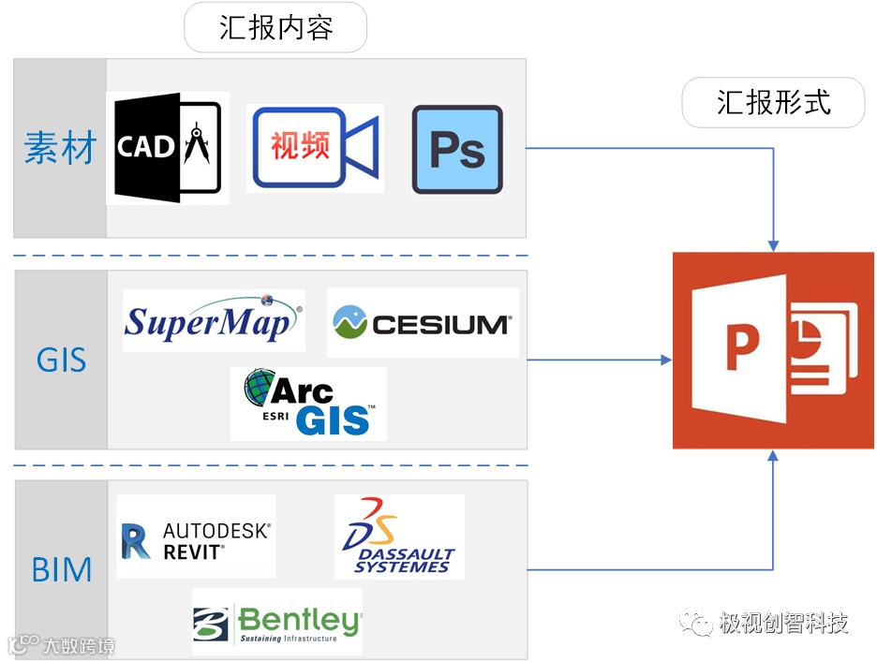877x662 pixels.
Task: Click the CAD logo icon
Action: (x=168, y=148)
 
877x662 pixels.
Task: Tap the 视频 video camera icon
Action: (x=315, y=148)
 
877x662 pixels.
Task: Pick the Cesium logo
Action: (x=422, y=322)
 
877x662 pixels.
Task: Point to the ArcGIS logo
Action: (x=308, y=404)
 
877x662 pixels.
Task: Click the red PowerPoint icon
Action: (x=773, y=350)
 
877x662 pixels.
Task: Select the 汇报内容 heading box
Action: (x=275, y=28)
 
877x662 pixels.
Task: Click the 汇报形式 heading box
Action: (x=773, y=102)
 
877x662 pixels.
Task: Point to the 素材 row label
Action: (x=60, y=148)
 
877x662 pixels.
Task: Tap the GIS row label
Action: (x=61, y=360)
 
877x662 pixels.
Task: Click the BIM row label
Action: (x=61, y=569)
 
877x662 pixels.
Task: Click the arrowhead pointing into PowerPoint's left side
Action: (x=666, y=360)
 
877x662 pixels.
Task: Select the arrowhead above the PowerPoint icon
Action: (x=773, y=244)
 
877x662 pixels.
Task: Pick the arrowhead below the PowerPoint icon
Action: (x=773, y=455)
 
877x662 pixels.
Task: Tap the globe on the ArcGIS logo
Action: (x=260, y=387)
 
